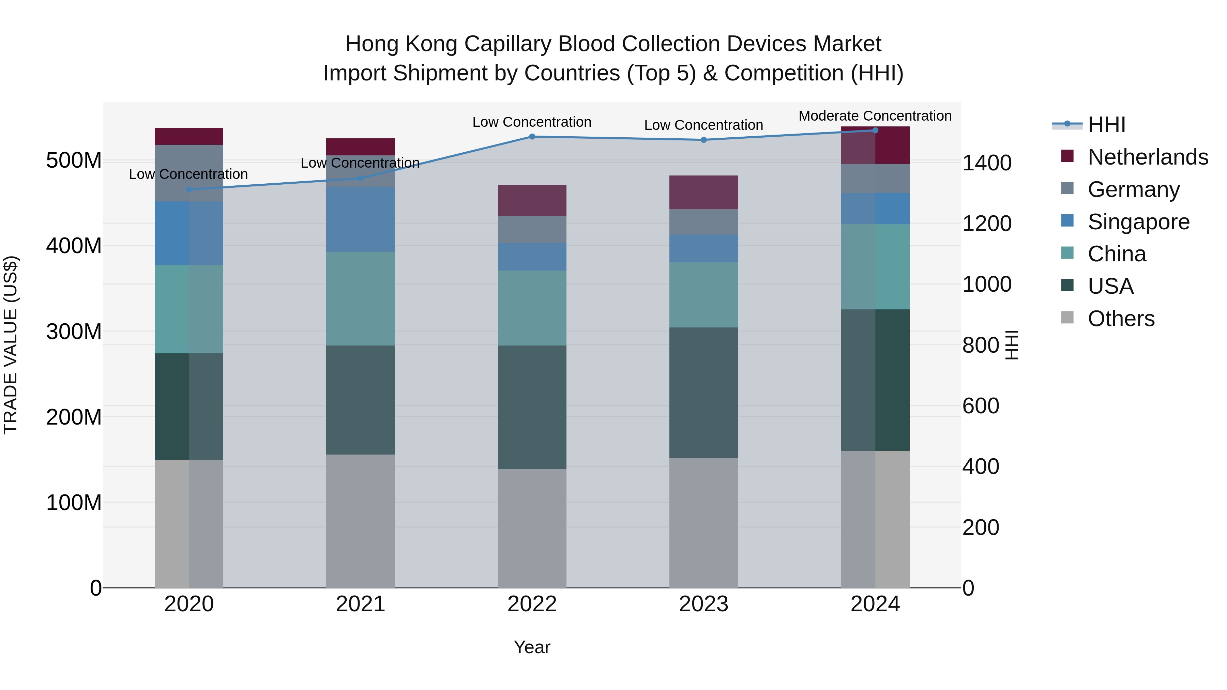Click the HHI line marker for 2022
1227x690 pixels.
(532, 137)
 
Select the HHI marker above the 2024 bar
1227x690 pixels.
(875, 131)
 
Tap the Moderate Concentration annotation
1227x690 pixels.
(875, 116)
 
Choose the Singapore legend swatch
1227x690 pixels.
(1067, 221)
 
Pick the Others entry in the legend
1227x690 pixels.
(1121, 319)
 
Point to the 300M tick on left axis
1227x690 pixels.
(74, 332)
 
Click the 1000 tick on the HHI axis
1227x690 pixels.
(986, 284)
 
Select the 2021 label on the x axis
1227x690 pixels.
(361, 604)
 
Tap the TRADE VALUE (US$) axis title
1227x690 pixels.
(11, 345)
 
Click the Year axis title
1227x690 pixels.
(532, 647)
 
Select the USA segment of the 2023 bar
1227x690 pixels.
(703, 393)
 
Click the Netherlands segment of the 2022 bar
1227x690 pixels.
(532, 200)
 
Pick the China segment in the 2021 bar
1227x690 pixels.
(361, 298)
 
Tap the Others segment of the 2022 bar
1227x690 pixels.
(532, 528)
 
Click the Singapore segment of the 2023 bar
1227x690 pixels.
(703, 248)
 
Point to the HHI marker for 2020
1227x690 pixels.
(189, 189)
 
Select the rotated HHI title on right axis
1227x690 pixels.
(1011, 345)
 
